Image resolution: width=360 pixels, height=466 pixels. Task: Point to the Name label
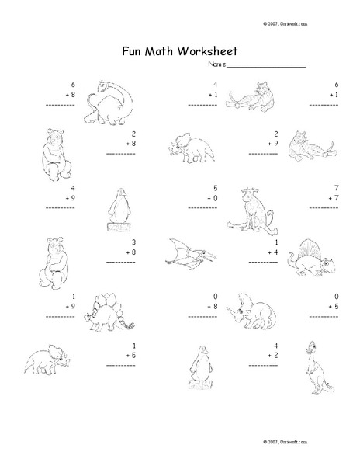coord(216,66)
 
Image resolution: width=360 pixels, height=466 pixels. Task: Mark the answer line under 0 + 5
coord(333,316)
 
